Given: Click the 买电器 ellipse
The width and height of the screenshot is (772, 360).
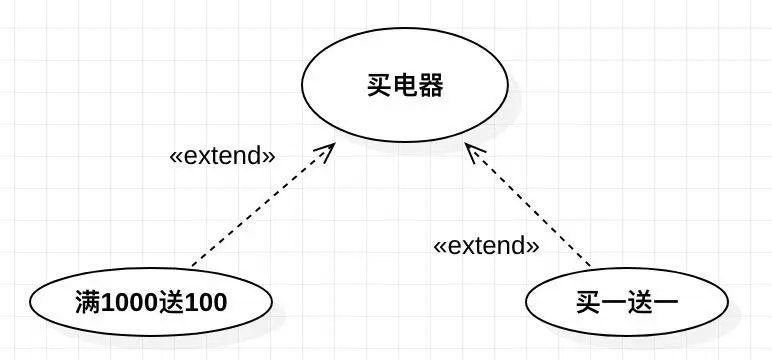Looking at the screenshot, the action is click(404, 85).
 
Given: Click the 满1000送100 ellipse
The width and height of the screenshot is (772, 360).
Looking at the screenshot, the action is click(150, 301).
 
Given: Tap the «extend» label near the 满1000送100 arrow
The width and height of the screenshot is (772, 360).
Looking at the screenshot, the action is click(222, 156).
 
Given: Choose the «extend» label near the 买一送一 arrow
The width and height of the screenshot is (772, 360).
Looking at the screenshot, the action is click(486, 244).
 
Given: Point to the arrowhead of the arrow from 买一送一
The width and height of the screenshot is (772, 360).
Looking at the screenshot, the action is click(473, 149).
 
